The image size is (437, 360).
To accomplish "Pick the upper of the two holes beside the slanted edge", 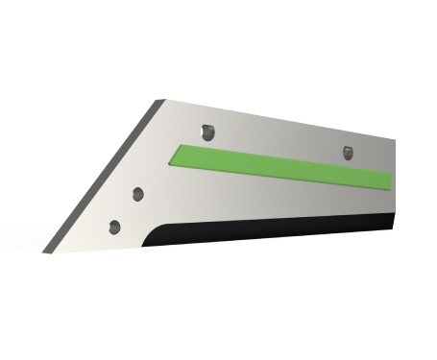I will pyautogui.click(x=138, y=193).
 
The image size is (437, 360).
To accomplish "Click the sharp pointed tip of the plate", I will pyautogui.click(x=45, y=252).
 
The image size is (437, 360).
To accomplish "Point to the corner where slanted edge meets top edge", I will pyautogui.click(x=160, y=99).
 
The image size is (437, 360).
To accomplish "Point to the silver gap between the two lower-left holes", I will pyautogui.click(x=128, y=210).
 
